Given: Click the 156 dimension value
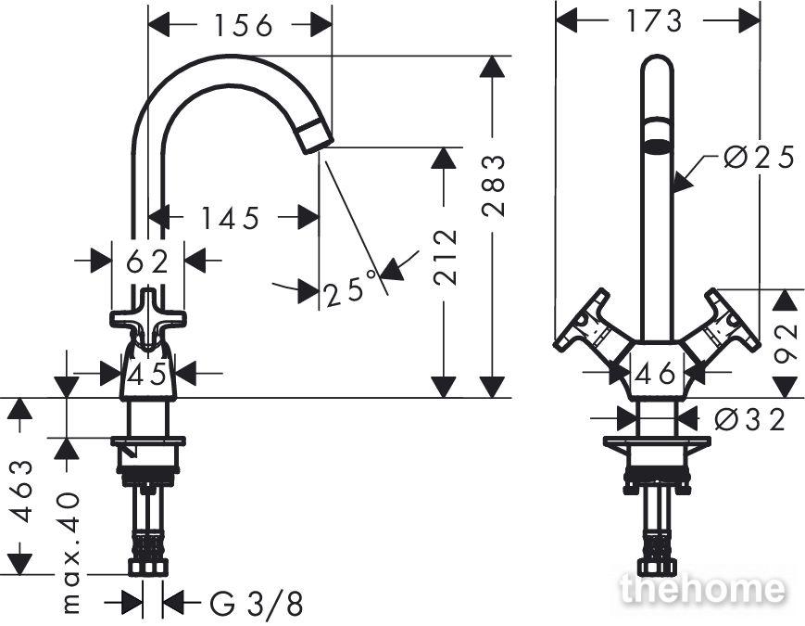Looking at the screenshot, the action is click(243, 25).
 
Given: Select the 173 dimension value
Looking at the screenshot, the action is click(655, 21).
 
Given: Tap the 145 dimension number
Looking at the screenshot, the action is click(230, 219).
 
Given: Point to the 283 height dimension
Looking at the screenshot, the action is click(494, 185).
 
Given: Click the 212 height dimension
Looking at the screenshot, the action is click(445, 258).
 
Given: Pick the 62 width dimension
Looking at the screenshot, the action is click(147, 262).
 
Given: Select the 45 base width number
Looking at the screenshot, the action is click(147, 374).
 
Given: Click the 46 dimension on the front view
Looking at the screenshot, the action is click(655, 373).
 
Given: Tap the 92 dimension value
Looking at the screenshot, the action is click(786, 343).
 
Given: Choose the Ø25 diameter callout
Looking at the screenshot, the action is click(760, 158).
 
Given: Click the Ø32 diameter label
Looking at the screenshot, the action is click(750, 419).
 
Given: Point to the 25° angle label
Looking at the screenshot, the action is click(352, 288).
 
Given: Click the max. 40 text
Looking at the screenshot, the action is click(70, 553).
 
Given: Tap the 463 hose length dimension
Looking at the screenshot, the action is click(21, 492).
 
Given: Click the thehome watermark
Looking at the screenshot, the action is click(703, 590).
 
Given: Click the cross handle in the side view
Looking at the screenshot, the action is click(148, 320).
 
